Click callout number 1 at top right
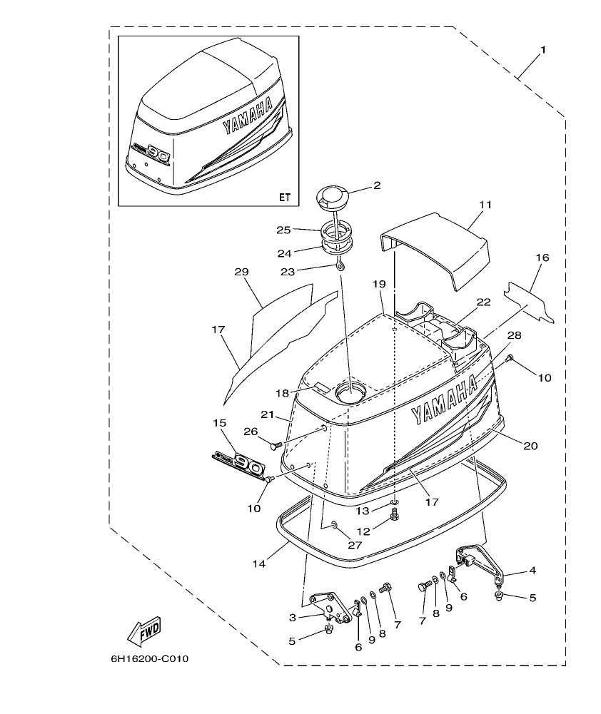[x=543, y=50]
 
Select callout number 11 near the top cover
[x=485, y=205]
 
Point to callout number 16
[x=542, y=257]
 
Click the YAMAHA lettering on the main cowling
[x=444, y=401]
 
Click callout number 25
[x=284, y=230]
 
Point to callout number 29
[x=241, y=272]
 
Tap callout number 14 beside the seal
[x=259, y=563]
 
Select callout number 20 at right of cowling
[x=530, y=446]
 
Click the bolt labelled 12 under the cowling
[x=395, y=516]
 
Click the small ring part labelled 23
[x=342, y=265]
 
